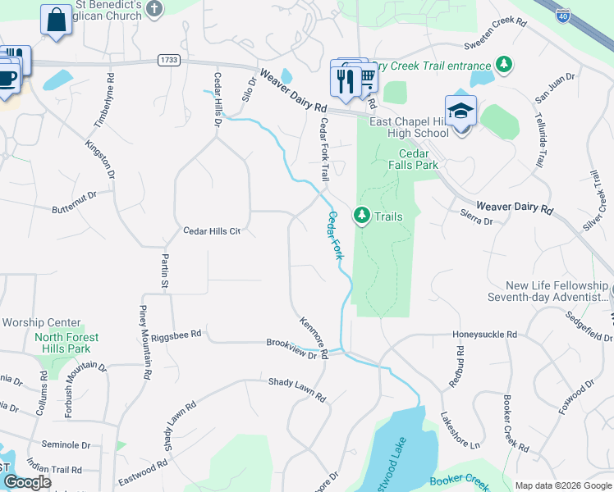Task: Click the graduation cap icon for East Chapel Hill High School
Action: pos(460,112)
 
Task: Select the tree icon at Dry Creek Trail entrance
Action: pos(504,65)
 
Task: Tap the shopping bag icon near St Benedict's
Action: pos(56,20)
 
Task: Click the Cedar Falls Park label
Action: pos(419,159)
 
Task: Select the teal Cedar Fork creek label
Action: pos(337,236)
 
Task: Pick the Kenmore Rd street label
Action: pos(314,337)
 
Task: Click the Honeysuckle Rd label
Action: pos(484,335)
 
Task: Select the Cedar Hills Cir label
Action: pos(211,231)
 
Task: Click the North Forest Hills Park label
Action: pos(66,343)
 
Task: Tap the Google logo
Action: pos(27,482)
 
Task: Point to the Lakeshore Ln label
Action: pos(460,430)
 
